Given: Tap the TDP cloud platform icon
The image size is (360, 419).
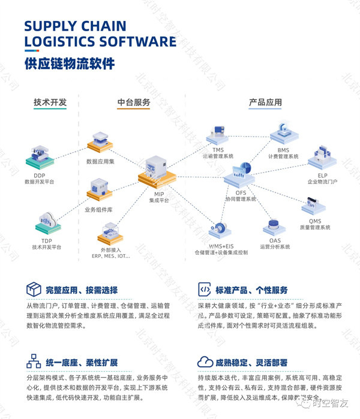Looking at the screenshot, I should coord(47,222).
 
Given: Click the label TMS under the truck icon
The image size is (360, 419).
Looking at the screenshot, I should coord(218,149).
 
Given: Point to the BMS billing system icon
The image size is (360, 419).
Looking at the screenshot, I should coord(284,133).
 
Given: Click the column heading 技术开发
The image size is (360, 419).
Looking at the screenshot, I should coord(50,103).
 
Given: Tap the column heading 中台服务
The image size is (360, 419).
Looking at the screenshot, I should coord(133,103).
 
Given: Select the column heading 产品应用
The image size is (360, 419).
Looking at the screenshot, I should coord(265,103).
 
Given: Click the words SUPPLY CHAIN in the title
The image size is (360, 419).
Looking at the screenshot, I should coord(76,26).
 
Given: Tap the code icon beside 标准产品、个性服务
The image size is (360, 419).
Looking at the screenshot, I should coord(204,290).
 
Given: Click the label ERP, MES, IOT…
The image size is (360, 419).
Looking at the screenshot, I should coord(110,256).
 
